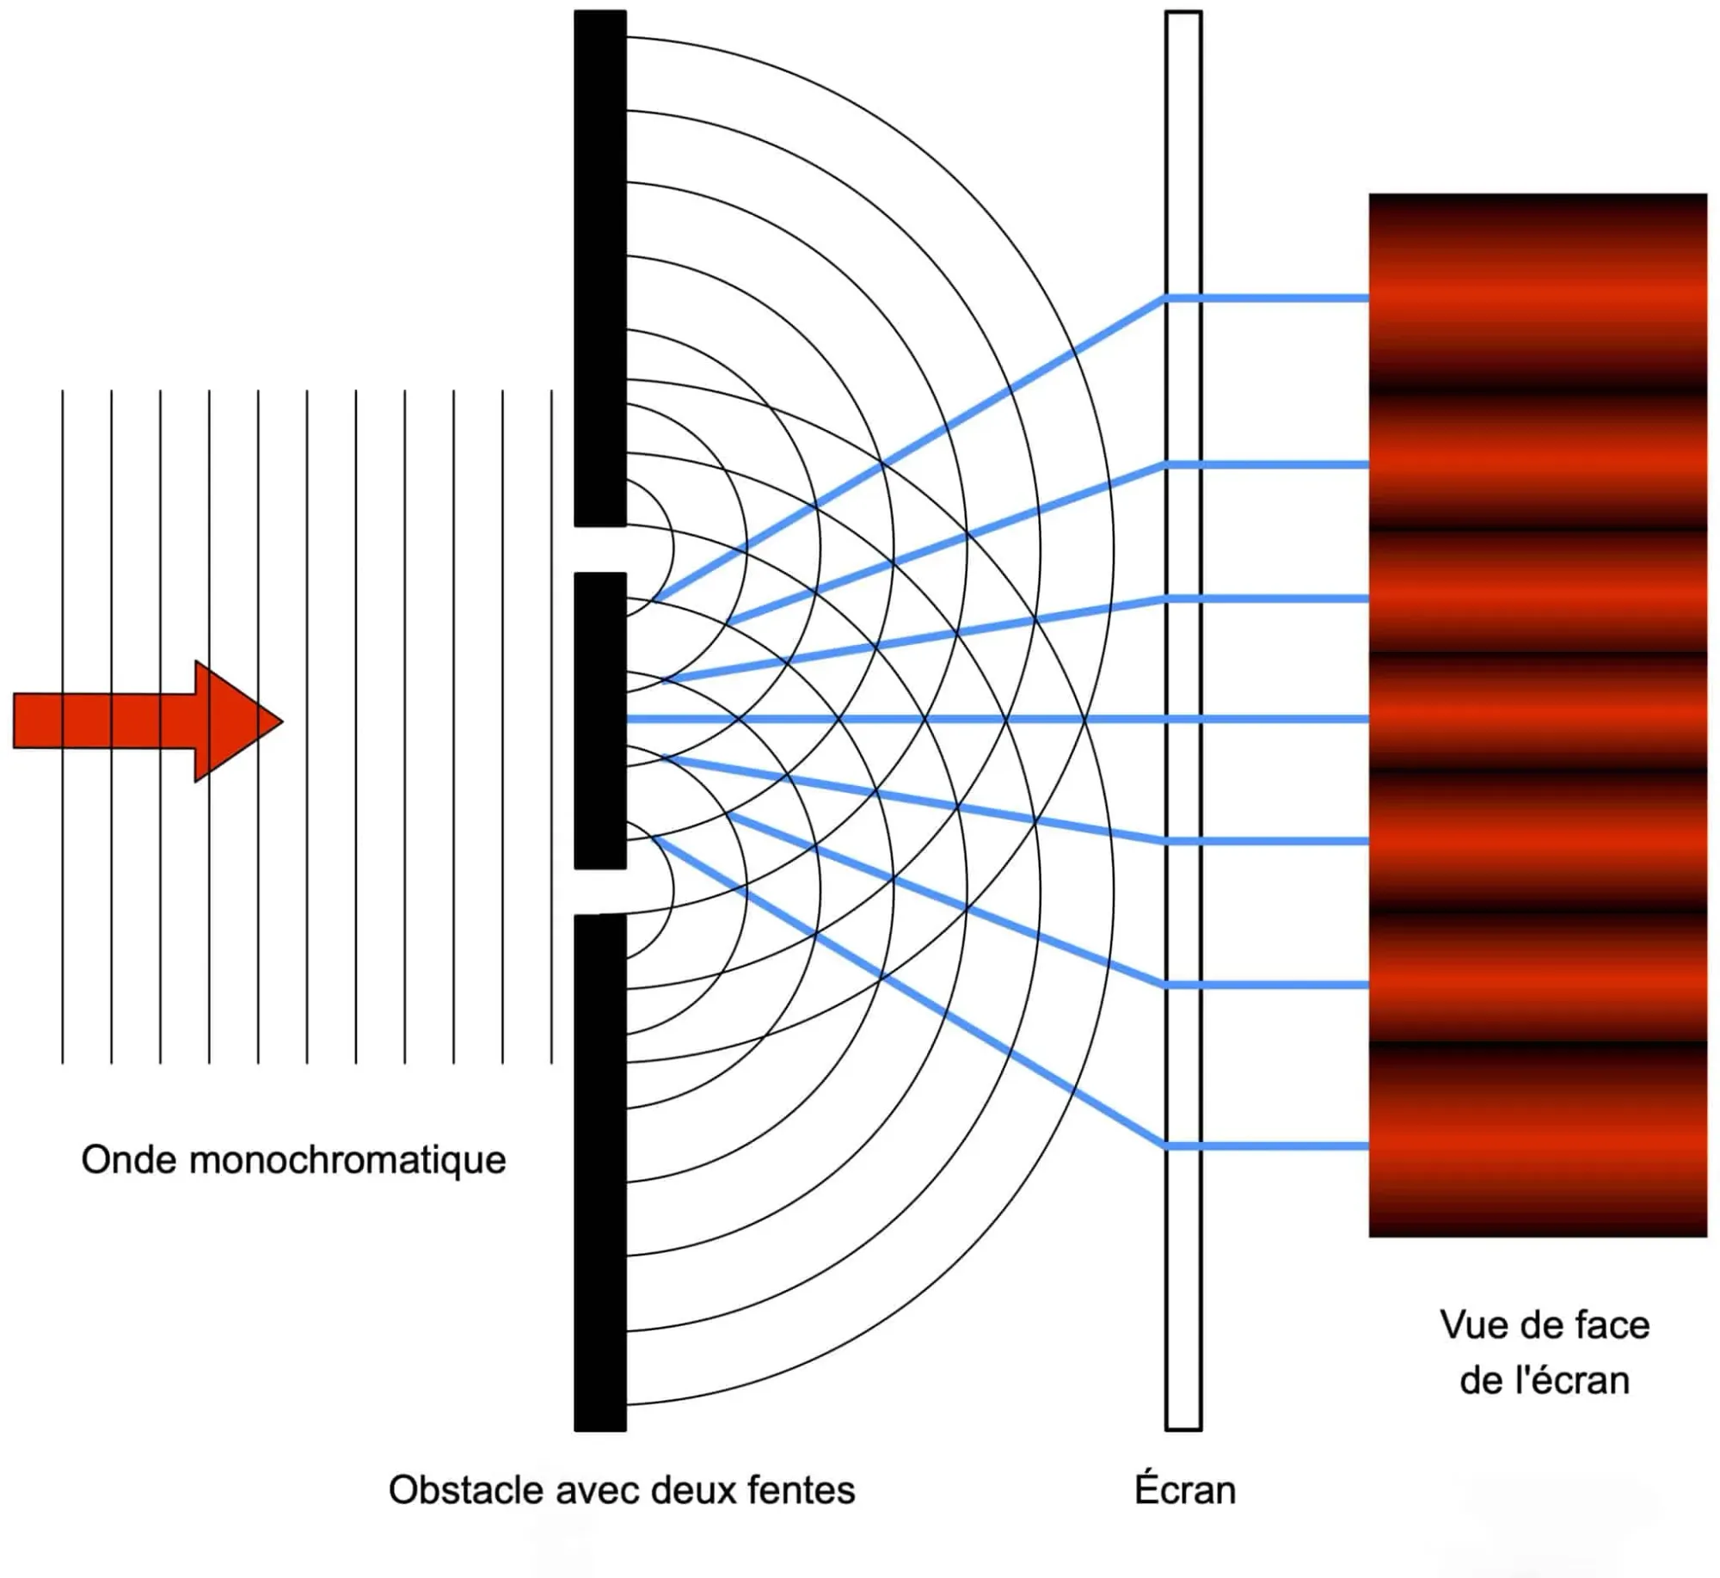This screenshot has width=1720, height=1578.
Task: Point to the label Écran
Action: coord(1184,1490)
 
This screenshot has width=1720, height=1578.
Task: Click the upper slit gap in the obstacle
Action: coord(600,550)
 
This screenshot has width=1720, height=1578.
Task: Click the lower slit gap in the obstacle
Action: coord(600,892)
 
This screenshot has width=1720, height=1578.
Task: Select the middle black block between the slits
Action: coord(600,721)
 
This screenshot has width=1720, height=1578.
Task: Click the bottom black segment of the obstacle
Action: coord(600,1170)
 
